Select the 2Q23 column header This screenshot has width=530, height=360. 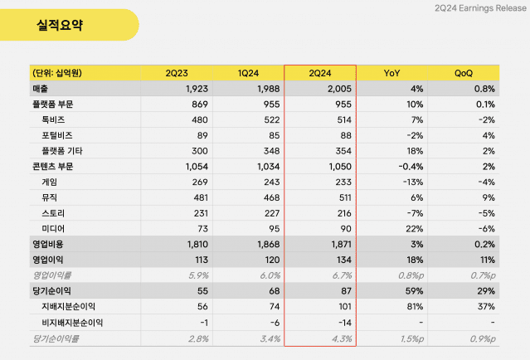click(x=182, y=74)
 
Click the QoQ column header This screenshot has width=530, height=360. click(x=464, y=74)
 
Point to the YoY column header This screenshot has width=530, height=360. click(x=392, y=74)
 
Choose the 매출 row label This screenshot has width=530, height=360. click(x=40, y=89)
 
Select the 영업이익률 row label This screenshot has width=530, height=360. click(x=53, y=275)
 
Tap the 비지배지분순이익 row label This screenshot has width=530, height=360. click(x=73, y=322)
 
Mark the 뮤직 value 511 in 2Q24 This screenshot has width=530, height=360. click(x=343, y=197)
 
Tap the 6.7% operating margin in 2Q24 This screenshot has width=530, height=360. click(x=341, y=275)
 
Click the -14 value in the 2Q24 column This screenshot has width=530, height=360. click(x=345, y=322)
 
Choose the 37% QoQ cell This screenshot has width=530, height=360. click(x=486, y=307)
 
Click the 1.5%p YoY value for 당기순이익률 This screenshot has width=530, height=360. click(x=411, y=338)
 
